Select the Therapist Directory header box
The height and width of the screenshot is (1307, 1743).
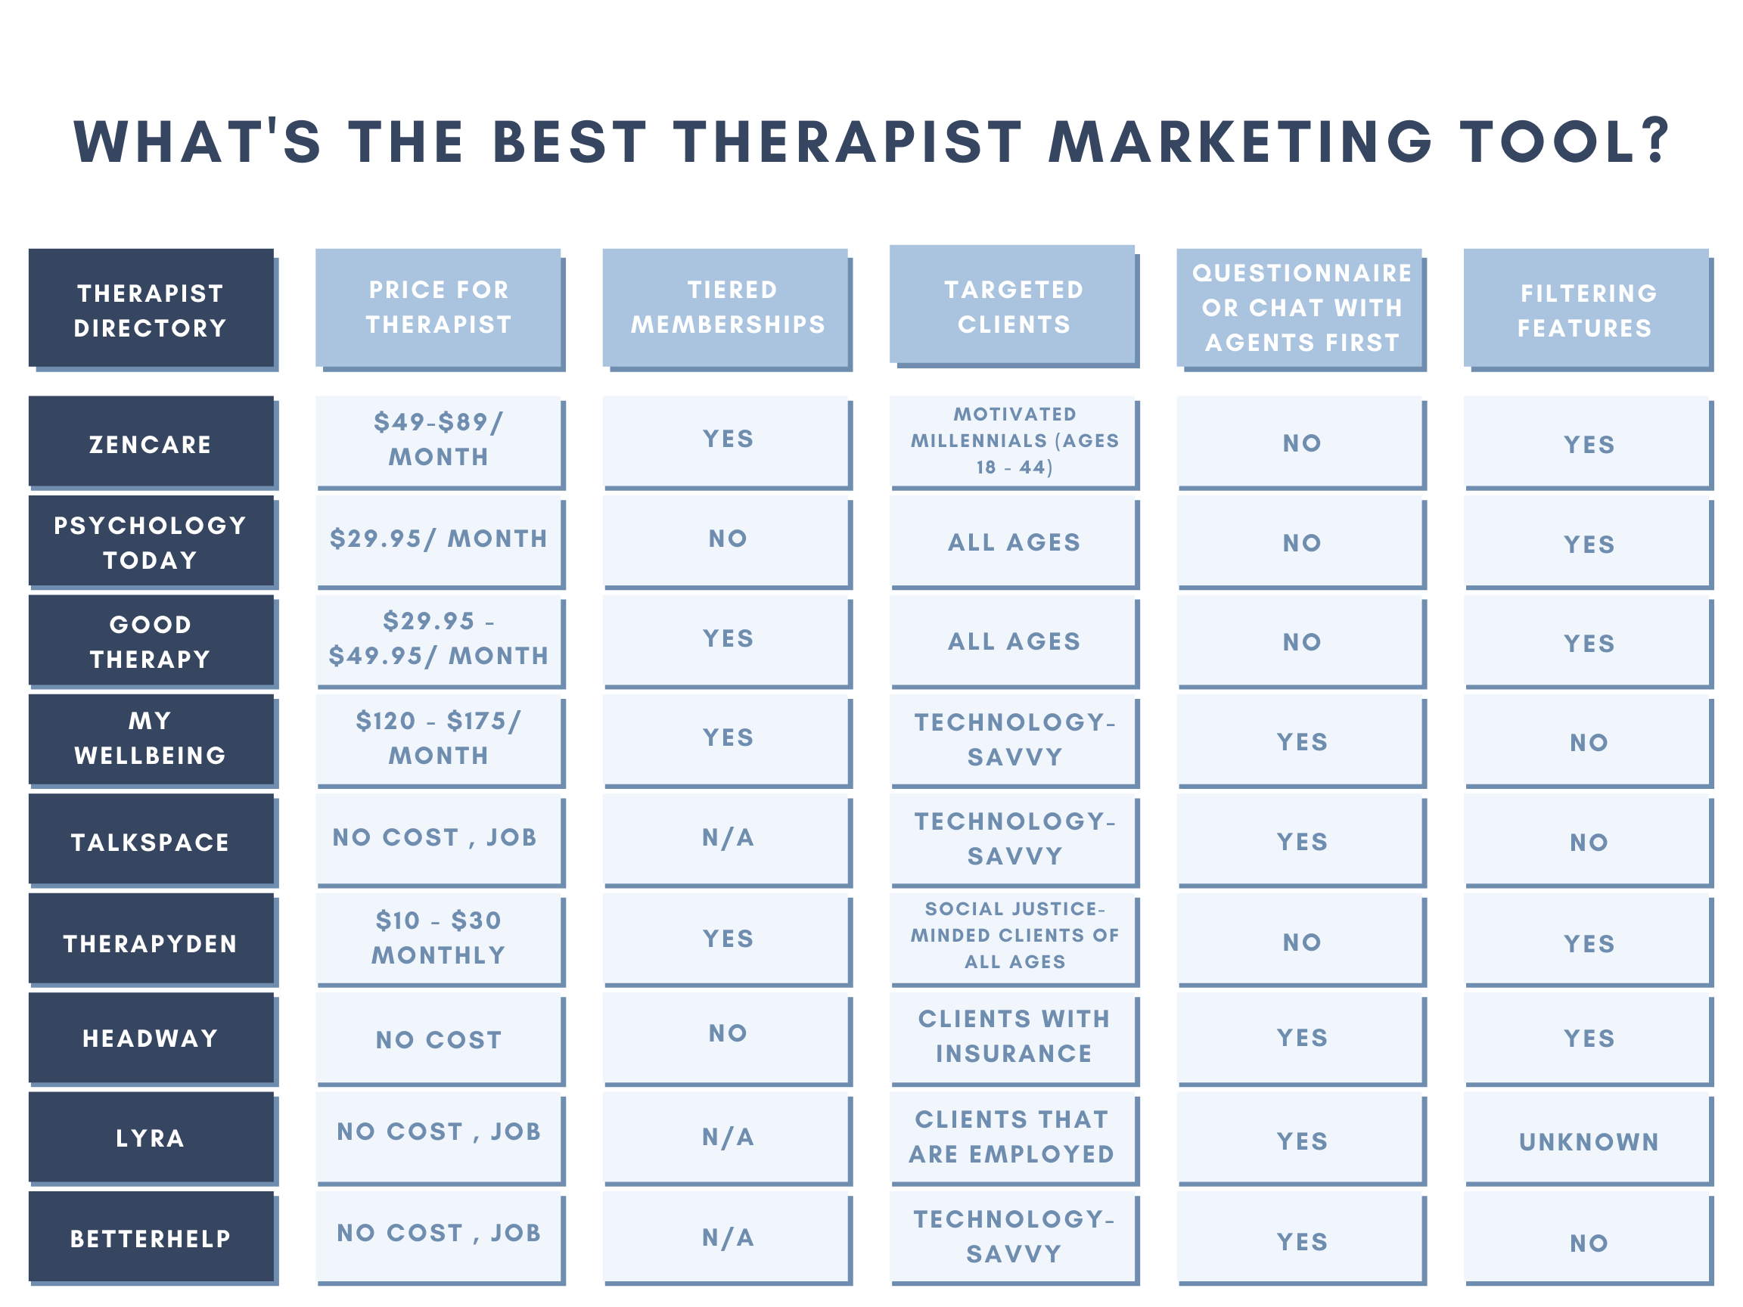(x=152, y=309)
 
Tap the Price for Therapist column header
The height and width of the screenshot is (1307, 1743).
(x=439, y=309)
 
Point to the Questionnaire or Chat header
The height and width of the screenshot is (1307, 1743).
(x=1300, y=309)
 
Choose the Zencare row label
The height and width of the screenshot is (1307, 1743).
(x=152, y=442)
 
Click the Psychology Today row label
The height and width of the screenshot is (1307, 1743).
(x=152, y=542)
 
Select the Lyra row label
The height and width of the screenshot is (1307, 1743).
(x=152, y=1138)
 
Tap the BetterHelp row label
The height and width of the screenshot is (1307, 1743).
(x=152, y=1237)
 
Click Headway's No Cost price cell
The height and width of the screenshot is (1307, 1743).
(x=439, y=1038)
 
